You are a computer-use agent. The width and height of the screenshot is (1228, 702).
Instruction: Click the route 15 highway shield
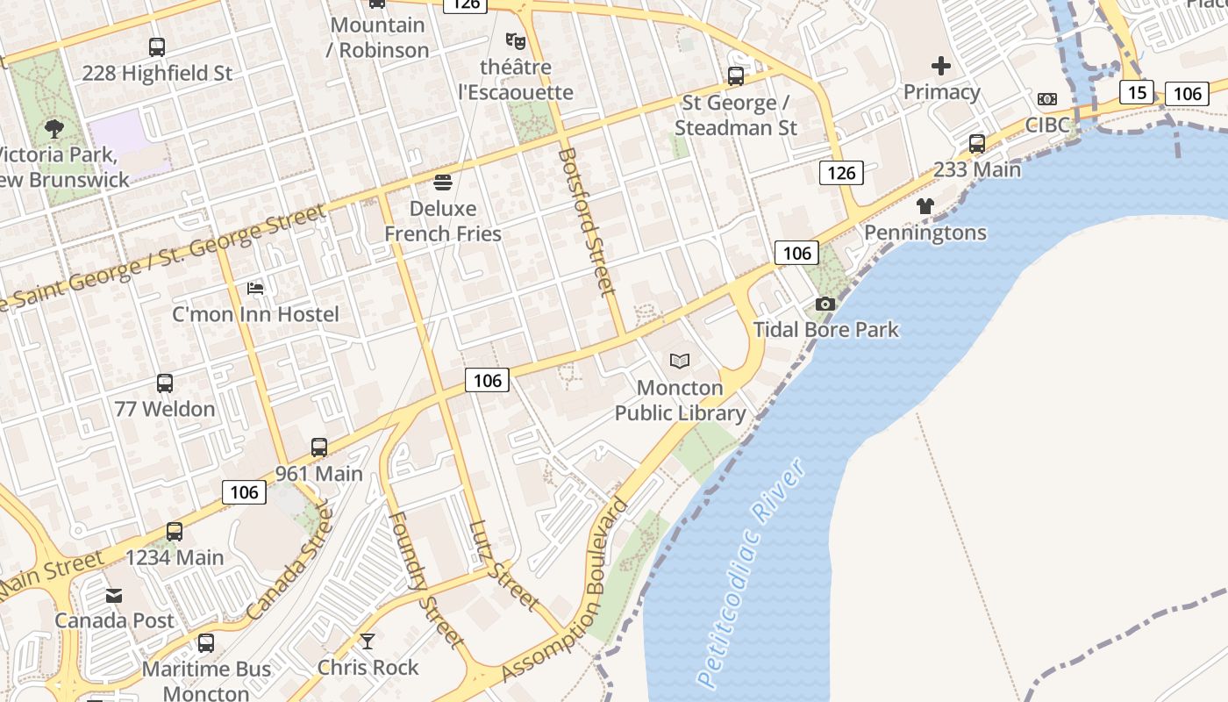tap(1136, 92)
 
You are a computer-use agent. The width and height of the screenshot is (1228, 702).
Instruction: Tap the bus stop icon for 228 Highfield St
tap(157, 47)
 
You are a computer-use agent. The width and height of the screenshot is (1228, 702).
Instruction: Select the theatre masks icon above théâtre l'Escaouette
tap(515, 40)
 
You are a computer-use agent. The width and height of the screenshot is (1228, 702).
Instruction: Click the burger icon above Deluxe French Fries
tap(443, 183)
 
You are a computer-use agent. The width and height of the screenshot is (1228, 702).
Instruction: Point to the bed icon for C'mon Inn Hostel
tap(255, 288)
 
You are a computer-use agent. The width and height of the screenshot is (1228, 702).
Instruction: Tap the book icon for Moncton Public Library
tap(680, 361)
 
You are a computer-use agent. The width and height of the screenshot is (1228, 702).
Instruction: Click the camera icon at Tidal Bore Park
tap(825, 304)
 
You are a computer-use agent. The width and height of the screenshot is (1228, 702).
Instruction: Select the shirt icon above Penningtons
tap(925, 206)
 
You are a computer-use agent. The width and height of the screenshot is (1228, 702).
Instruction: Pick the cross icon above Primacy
tap(941, 66)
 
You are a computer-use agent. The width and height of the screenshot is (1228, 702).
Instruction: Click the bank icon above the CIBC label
tap(1047, 99)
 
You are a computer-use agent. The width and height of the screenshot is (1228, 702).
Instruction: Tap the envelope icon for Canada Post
tap(114, 596)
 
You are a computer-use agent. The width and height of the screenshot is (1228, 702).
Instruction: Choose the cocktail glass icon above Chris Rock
tap(368, 641)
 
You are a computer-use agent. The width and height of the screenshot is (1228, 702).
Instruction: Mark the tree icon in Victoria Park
tap(54, 129)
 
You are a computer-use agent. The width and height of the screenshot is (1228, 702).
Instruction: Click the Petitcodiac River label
tap(752, 573)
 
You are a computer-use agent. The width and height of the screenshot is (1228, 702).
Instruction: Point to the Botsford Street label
tap(585, 221)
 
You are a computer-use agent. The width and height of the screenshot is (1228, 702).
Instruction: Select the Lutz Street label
tap(503, 565)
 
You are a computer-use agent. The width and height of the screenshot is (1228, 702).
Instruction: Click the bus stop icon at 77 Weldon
tap(165, 383)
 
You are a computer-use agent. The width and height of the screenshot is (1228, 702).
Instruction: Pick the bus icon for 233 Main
tap(977, 144)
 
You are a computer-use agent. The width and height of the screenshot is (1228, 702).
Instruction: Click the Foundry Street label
tap(425, 580)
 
